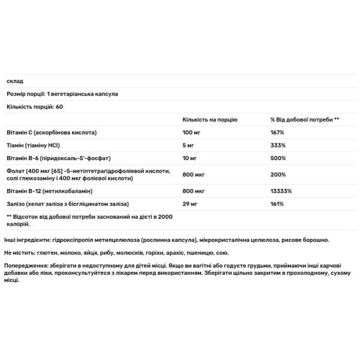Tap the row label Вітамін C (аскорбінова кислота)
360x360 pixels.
tap(52, 132)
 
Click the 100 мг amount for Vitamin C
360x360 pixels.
tap(192, 132)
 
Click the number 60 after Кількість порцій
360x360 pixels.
tap(59, 106)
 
